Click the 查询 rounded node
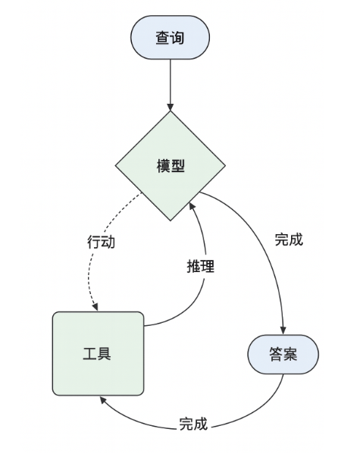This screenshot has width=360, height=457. pyautogui.click(x=171, y=38)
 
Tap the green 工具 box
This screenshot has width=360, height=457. pyautogui.click(x=98, y=353)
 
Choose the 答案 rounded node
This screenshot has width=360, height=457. pyautogui.click(x=283, y=355)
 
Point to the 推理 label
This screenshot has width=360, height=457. pyautogui.click(x=201, y=266)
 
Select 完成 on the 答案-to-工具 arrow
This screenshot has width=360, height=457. pyautogui.click(x=193, y=424)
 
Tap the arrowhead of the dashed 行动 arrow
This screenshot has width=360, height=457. pyautogui.click(x=96, y=306)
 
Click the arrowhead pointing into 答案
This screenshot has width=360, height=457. pyautogui.click(x=283, y=331)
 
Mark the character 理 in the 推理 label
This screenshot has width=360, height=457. pyautogui.click(x=208, y=266)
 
